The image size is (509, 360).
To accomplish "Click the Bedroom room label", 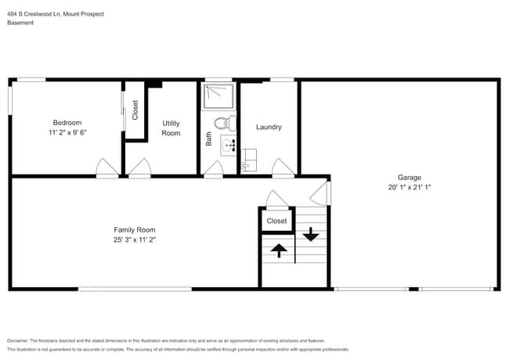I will tap(67, 122).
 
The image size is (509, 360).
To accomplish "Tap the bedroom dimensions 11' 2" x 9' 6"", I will tap(67, 132).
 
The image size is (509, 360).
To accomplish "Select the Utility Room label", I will tap(171, 128).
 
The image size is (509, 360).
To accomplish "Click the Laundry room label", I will tap(269, 127).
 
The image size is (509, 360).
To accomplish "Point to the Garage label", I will tap(409, 177).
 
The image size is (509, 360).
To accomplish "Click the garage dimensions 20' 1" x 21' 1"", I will tap(409, 187).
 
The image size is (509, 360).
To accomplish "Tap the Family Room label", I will tap(135, 229).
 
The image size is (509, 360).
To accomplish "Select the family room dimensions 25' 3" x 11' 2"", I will tap(135, 239).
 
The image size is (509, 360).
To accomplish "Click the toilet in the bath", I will tap(224, 122).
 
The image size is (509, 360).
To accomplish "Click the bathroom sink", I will tap(229, 146).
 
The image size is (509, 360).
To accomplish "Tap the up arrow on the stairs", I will tap(278, 250).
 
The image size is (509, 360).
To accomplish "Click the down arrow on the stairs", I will tap(311, 233).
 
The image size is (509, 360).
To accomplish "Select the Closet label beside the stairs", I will tap(276, 221).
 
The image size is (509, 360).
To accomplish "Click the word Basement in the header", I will tap(20, 23).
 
